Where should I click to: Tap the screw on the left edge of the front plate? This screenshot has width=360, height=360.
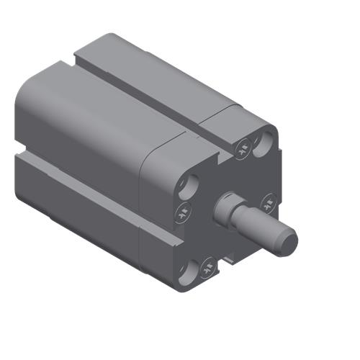(183, 211)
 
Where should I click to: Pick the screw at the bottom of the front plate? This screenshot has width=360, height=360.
(207, 270)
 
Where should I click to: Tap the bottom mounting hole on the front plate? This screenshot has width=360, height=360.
(186, 271)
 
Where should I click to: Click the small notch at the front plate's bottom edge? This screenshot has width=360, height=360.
(229, 258)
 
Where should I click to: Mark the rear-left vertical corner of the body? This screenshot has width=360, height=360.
(17, 130)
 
